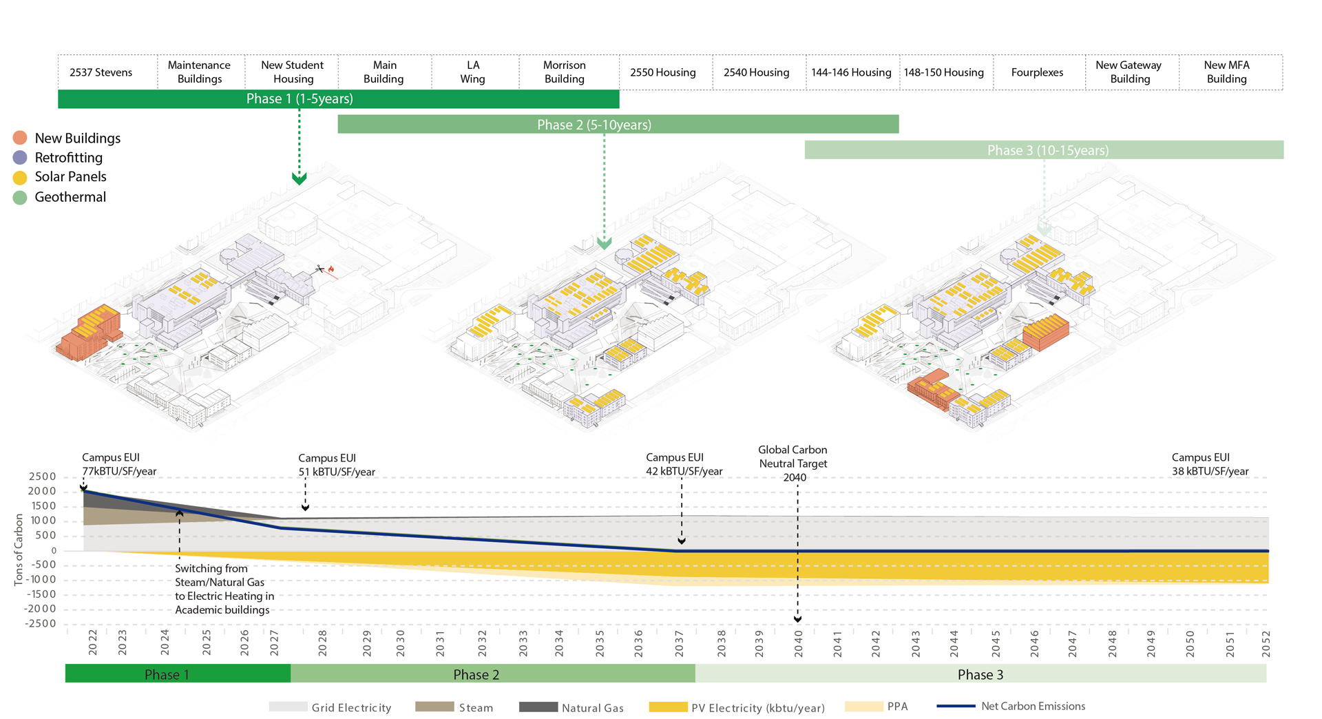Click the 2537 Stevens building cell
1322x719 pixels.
point(101,72)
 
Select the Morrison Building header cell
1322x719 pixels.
point(565,72)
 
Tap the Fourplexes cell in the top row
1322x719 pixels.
point(1037,72)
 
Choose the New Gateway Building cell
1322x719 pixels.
point(1129,72)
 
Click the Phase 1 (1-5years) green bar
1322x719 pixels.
point(338,99)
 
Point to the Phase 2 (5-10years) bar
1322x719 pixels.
point(618,125)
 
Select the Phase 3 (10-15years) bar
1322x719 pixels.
point(1044,150)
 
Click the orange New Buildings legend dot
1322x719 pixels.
point(20,138)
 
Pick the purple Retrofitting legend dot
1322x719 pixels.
point(20,158)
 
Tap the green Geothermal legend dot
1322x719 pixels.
point(20,198)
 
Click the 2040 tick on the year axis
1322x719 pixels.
point(798,643)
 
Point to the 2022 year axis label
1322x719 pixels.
point(93,643)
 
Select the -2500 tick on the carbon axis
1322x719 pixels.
point(41,624)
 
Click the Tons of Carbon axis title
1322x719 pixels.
point(19,550)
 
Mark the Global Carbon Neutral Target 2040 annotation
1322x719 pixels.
point(793,463)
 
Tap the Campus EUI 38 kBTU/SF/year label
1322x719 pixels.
point(1210,464)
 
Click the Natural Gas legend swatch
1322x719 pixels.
point(538,707)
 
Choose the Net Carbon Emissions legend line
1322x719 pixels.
point(956,707)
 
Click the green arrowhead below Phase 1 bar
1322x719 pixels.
point(300,179)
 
